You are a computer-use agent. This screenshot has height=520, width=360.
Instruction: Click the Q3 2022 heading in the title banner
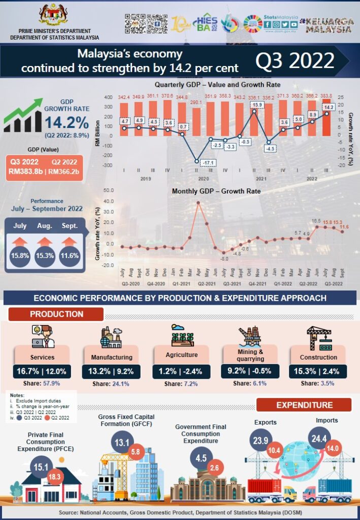(x=294, y=61)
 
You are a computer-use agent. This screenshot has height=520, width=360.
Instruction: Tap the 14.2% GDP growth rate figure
(x=67, y=122)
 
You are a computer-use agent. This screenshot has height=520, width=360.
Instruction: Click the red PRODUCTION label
(x=56, y=314)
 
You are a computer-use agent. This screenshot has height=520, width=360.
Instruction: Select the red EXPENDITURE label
(x=304, y=405)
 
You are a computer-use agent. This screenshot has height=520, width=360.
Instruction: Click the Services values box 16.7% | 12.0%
(x=42, y=371)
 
